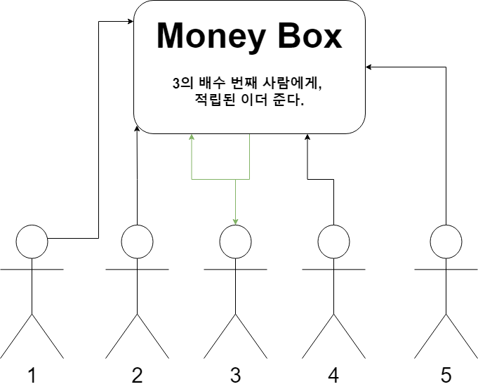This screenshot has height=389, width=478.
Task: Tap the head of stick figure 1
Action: [32, 241]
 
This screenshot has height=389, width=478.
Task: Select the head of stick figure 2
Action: [137, 241]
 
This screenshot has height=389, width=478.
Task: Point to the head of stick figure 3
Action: [235, 241]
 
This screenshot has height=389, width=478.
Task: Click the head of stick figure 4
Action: [333, 241]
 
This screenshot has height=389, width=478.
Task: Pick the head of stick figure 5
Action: [446, 241]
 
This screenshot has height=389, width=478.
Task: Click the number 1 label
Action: [32, 375]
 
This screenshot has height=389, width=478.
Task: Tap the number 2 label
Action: [137, 375]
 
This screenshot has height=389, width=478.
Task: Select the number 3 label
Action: [235, 375]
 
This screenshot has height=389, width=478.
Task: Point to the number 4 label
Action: [333, 375]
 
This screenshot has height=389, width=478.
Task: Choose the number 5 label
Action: [446, 375]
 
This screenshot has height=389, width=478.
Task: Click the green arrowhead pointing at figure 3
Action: [236, 222]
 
